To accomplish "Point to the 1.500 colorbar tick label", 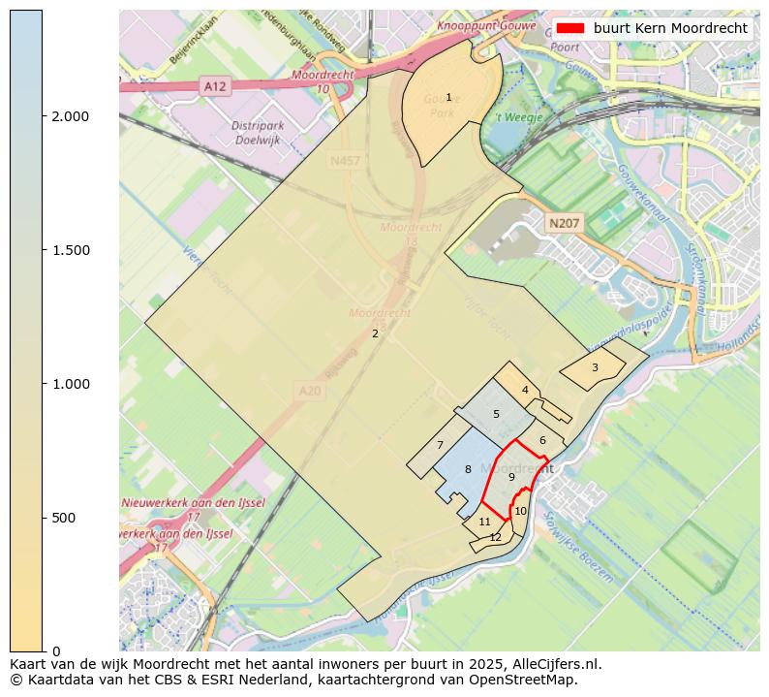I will pyautogui.click(x=69, y=250).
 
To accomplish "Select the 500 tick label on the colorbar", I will pyautogui.click(x=62, y=518).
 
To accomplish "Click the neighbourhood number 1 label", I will pyautogui.click(x=448, y=97).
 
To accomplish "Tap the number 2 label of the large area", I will pyautogui.click(x=375, y=334).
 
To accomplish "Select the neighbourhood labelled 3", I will pyautogui.click(x=595, y=367).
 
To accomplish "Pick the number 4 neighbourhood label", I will pyautogui.click(x=525, y=391).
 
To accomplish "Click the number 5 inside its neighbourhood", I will pyautogui.click(x=496, y=414).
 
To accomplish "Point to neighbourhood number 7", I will pyautogui.click(x=440, y=446).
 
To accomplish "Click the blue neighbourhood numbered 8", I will pyautogui.click(x=468, y=469).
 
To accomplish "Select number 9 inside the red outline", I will pyautogui.click(x=511, y=477).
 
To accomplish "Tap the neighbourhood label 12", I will pyautogui.click(x=495, y=537).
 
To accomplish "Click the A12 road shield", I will pyautogui.click(x=215, y=86).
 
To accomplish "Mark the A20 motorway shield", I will pyautogui.click(x=309, y=390).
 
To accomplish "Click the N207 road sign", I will pyautogui.click(x=564, y=224).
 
